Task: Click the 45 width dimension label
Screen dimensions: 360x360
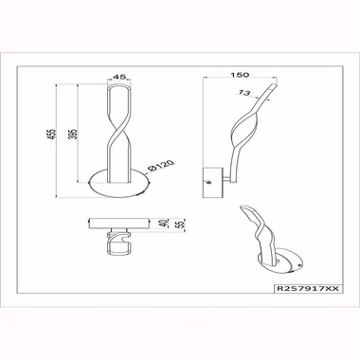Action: coord(119,77)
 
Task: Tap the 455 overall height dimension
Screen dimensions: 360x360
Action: coord(53,134)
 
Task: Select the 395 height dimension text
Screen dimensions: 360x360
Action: coord(74,134)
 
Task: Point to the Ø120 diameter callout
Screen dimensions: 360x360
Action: coord(161,166)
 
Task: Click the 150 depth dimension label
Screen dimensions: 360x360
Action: coord(240,75)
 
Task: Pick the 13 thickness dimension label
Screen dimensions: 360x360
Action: coord(244,93)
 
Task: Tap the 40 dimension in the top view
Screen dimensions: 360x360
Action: coord(163,223)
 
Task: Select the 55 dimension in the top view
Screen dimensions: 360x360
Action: coord(181,224)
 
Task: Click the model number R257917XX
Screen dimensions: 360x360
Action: coord(308,289)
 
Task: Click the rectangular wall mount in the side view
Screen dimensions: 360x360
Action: coord(212,183)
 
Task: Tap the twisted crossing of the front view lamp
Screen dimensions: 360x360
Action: coord(119,130)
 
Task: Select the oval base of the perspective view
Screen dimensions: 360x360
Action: coord(280,262)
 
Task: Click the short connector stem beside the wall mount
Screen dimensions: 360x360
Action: coord(226,180)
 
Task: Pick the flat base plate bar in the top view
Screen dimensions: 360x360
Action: coord(119,223)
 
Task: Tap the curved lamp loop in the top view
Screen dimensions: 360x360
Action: coord(118,243)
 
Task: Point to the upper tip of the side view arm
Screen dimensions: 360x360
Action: coord(276,84)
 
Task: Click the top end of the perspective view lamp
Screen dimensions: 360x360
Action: coord(243,207)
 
